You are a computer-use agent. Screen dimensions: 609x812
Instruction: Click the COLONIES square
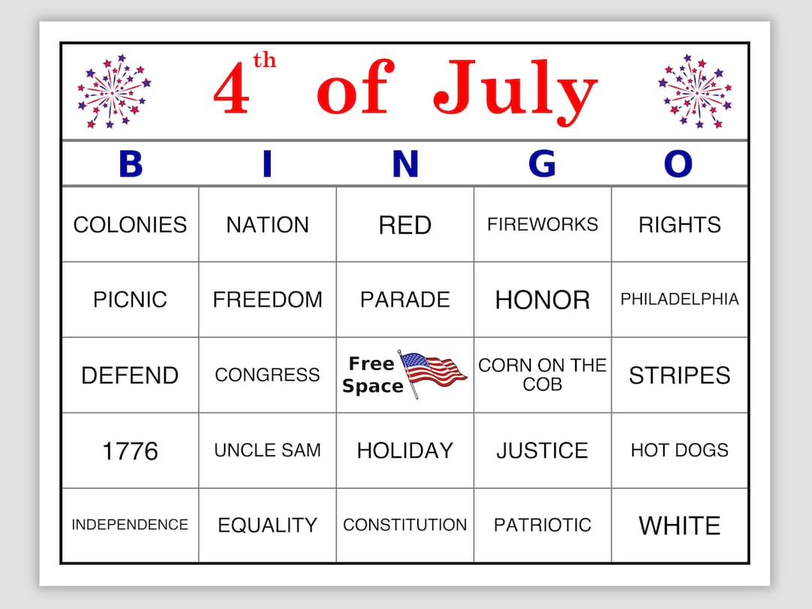(130, 225)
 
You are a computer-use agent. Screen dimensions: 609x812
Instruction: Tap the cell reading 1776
(130, 450)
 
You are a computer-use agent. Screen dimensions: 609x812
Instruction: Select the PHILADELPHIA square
(680, 299)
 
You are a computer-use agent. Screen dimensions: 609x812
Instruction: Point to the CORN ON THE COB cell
(542, 374)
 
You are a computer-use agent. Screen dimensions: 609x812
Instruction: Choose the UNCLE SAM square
(268, 450)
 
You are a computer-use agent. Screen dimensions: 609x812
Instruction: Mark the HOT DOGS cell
(680, 450)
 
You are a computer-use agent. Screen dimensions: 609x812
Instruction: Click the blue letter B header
(130, 164)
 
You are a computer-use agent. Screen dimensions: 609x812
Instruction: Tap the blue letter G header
(542, 164)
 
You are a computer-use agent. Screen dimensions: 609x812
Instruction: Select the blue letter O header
(678, 164)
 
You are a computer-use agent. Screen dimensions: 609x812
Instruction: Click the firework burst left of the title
(114, 91)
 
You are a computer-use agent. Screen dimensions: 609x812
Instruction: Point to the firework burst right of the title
(695, 91)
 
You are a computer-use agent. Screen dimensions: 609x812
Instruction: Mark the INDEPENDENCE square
(130, 525)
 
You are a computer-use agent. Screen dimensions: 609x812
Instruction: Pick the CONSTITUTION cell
(404, 525)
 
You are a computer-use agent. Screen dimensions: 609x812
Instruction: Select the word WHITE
(680, 526)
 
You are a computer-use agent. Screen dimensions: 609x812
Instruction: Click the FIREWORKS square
(542, 224)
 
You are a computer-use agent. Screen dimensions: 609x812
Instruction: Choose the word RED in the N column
(404, 225)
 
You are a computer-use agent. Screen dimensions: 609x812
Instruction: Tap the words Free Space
(372, 375)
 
